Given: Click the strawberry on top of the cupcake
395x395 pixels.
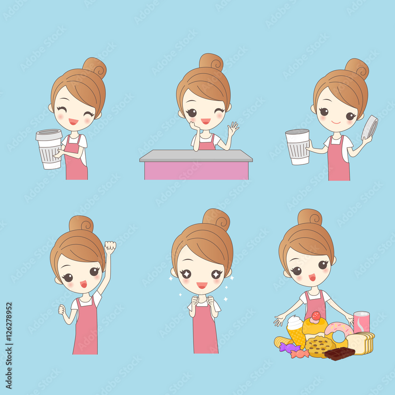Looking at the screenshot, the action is [x=316, y=316].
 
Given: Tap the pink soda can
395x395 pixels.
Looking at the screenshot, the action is [x=361, y=322].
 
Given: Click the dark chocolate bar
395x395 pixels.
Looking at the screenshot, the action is [x=339, y=353].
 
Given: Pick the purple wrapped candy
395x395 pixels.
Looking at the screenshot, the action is [x=289, y=347].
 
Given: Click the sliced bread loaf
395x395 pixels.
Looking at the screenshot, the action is [x=360, y=342].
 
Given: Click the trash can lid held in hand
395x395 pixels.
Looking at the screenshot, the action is [x=370, y=128].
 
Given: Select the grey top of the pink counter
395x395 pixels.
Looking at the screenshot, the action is [x=196, y=156].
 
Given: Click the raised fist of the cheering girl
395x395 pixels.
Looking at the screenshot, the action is [x=110, y=247].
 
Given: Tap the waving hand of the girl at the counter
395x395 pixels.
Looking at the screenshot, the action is [x=233, y=128].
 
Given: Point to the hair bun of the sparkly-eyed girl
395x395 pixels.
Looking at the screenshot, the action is [x=216, y=218].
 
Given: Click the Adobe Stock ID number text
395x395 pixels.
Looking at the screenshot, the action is [x=9, y=346].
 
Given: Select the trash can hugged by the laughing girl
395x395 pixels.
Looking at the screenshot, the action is [x=49, y=149].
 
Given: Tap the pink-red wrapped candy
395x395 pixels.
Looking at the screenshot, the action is [x=300, y=354].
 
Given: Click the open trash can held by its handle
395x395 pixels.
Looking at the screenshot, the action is [x=297, y=147].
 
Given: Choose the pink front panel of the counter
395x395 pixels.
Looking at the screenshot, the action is [x=196, y=171].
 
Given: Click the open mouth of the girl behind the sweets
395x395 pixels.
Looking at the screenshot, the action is [x=312, y=277].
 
